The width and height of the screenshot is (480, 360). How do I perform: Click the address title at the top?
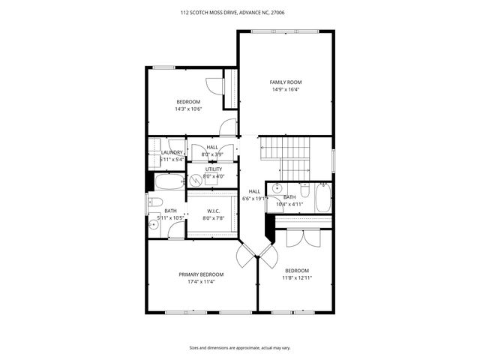click(239, 12)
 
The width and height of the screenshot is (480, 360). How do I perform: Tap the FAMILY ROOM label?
click(286, 82)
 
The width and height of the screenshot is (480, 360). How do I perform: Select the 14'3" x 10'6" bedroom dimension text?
click(188, 109)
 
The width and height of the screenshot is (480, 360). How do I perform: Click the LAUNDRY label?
click(172, 152)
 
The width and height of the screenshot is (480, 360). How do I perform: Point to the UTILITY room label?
click(214, 169)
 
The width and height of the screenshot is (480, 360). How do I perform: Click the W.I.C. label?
click(214, 211)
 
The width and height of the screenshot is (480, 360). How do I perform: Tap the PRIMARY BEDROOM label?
click(201, 274)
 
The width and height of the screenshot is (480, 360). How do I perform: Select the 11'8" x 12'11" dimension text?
click(296, 277)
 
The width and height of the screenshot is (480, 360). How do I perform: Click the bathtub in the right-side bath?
click(322, 199)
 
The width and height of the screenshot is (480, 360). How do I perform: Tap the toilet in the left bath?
click(154, 201)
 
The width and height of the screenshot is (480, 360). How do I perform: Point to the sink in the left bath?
click(154, 223)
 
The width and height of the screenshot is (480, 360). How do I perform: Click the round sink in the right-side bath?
click(277, 188)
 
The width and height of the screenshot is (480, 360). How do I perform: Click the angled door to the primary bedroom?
click(246, 256)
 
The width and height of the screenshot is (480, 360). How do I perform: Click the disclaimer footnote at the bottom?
click(239, 348)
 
